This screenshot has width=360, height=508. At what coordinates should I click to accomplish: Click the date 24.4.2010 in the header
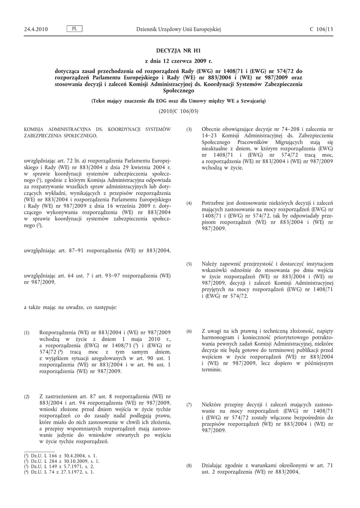tap(36, 30)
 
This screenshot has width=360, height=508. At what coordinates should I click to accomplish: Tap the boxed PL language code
tap(74, 29)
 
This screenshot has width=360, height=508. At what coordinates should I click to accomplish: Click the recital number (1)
tap(27, 332)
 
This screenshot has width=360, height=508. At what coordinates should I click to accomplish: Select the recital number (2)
tap(27, 396)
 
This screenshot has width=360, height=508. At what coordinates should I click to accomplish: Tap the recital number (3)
tap(189, 129)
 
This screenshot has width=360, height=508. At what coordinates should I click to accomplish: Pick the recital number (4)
tap(189, 203)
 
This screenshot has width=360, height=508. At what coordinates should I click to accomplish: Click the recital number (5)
tap(189, 264)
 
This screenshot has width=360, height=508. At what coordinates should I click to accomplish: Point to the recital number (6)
tap(189, 331)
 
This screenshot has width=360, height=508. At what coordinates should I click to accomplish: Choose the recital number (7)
tap(189, 405)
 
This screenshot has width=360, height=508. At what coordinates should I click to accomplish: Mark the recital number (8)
tap(189, 466)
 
